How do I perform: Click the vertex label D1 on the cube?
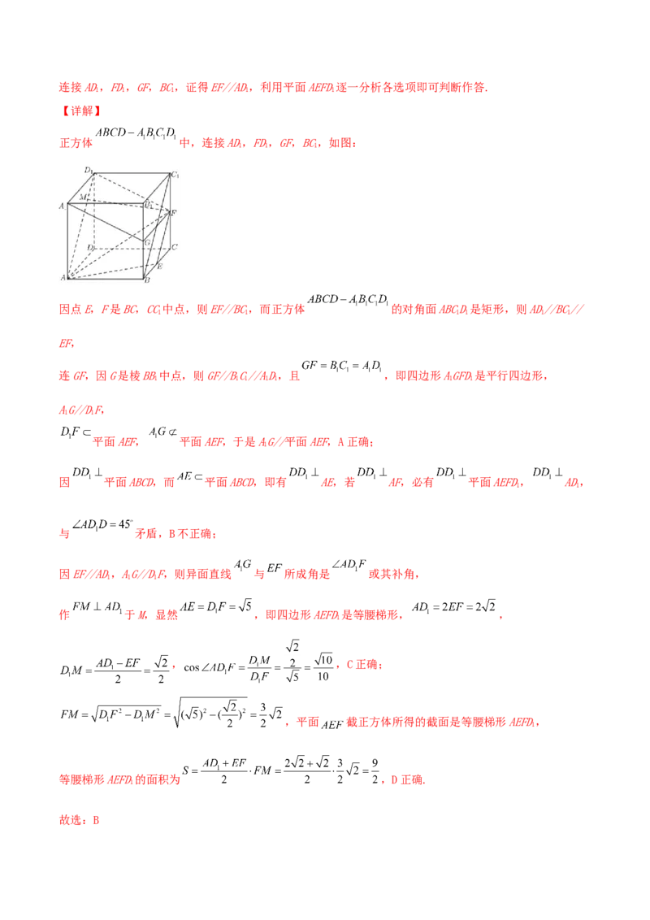(x=89, y=169)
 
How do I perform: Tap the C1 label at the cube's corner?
(x=174, y=176)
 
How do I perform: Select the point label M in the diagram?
(x=83, y=197)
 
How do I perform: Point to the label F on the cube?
(x=173, y=213)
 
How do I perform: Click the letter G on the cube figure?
(x=147, y=241)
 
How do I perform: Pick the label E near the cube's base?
(x=159, y=267)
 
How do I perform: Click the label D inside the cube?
(x=91, y=246)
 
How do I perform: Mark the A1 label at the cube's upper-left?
(x=62, y=206)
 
